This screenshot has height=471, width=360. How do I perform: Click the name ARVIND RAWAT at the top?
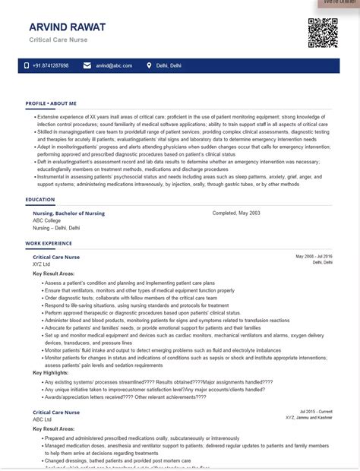point(67,27)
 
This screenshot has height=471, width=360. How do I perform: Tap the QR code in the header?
point(323,33)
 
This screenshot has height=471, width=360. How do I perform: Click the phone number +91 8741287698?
point(50,66)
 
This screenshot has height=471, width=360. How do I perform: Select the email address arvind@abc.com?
point(114,66)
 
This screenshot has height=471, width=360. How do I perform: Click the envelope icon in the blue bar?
point(87,66)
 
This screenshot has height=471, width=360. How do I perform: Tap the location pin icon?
point(149,66)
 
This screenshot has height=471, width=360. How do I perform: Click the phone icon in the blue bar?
point(27,66)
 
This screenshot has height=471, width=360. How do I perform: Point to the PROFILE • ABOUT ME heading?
point(51,103)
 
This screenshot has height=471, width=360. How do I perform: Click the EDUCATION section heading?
point(39,200)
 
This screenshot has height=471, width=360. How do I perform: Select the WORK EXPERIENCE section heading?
point(49,244)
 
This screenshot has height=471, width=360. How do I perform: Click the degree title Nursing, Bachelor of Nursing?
point(68,213)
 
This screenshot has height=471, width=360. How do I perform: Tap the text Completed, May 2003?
point(236,213)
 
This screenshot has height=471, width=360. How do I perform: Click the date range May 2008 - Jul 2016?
point(314,257)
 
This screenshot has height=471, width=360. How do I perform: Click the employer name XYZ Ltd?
point(42,264)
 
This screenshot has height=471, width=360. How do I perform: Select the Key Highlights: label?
point(51,373)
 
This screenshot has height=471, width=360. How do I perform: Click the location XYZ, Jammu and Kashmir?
point(308,418)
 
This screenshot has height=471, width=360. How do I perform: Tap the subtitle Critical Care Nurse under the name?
point(58,40)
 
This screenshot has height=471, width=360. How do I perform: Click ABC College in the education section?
point(46,220)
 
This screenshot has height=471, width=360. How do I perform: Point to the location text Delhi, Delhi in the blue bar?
point(169,66)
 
